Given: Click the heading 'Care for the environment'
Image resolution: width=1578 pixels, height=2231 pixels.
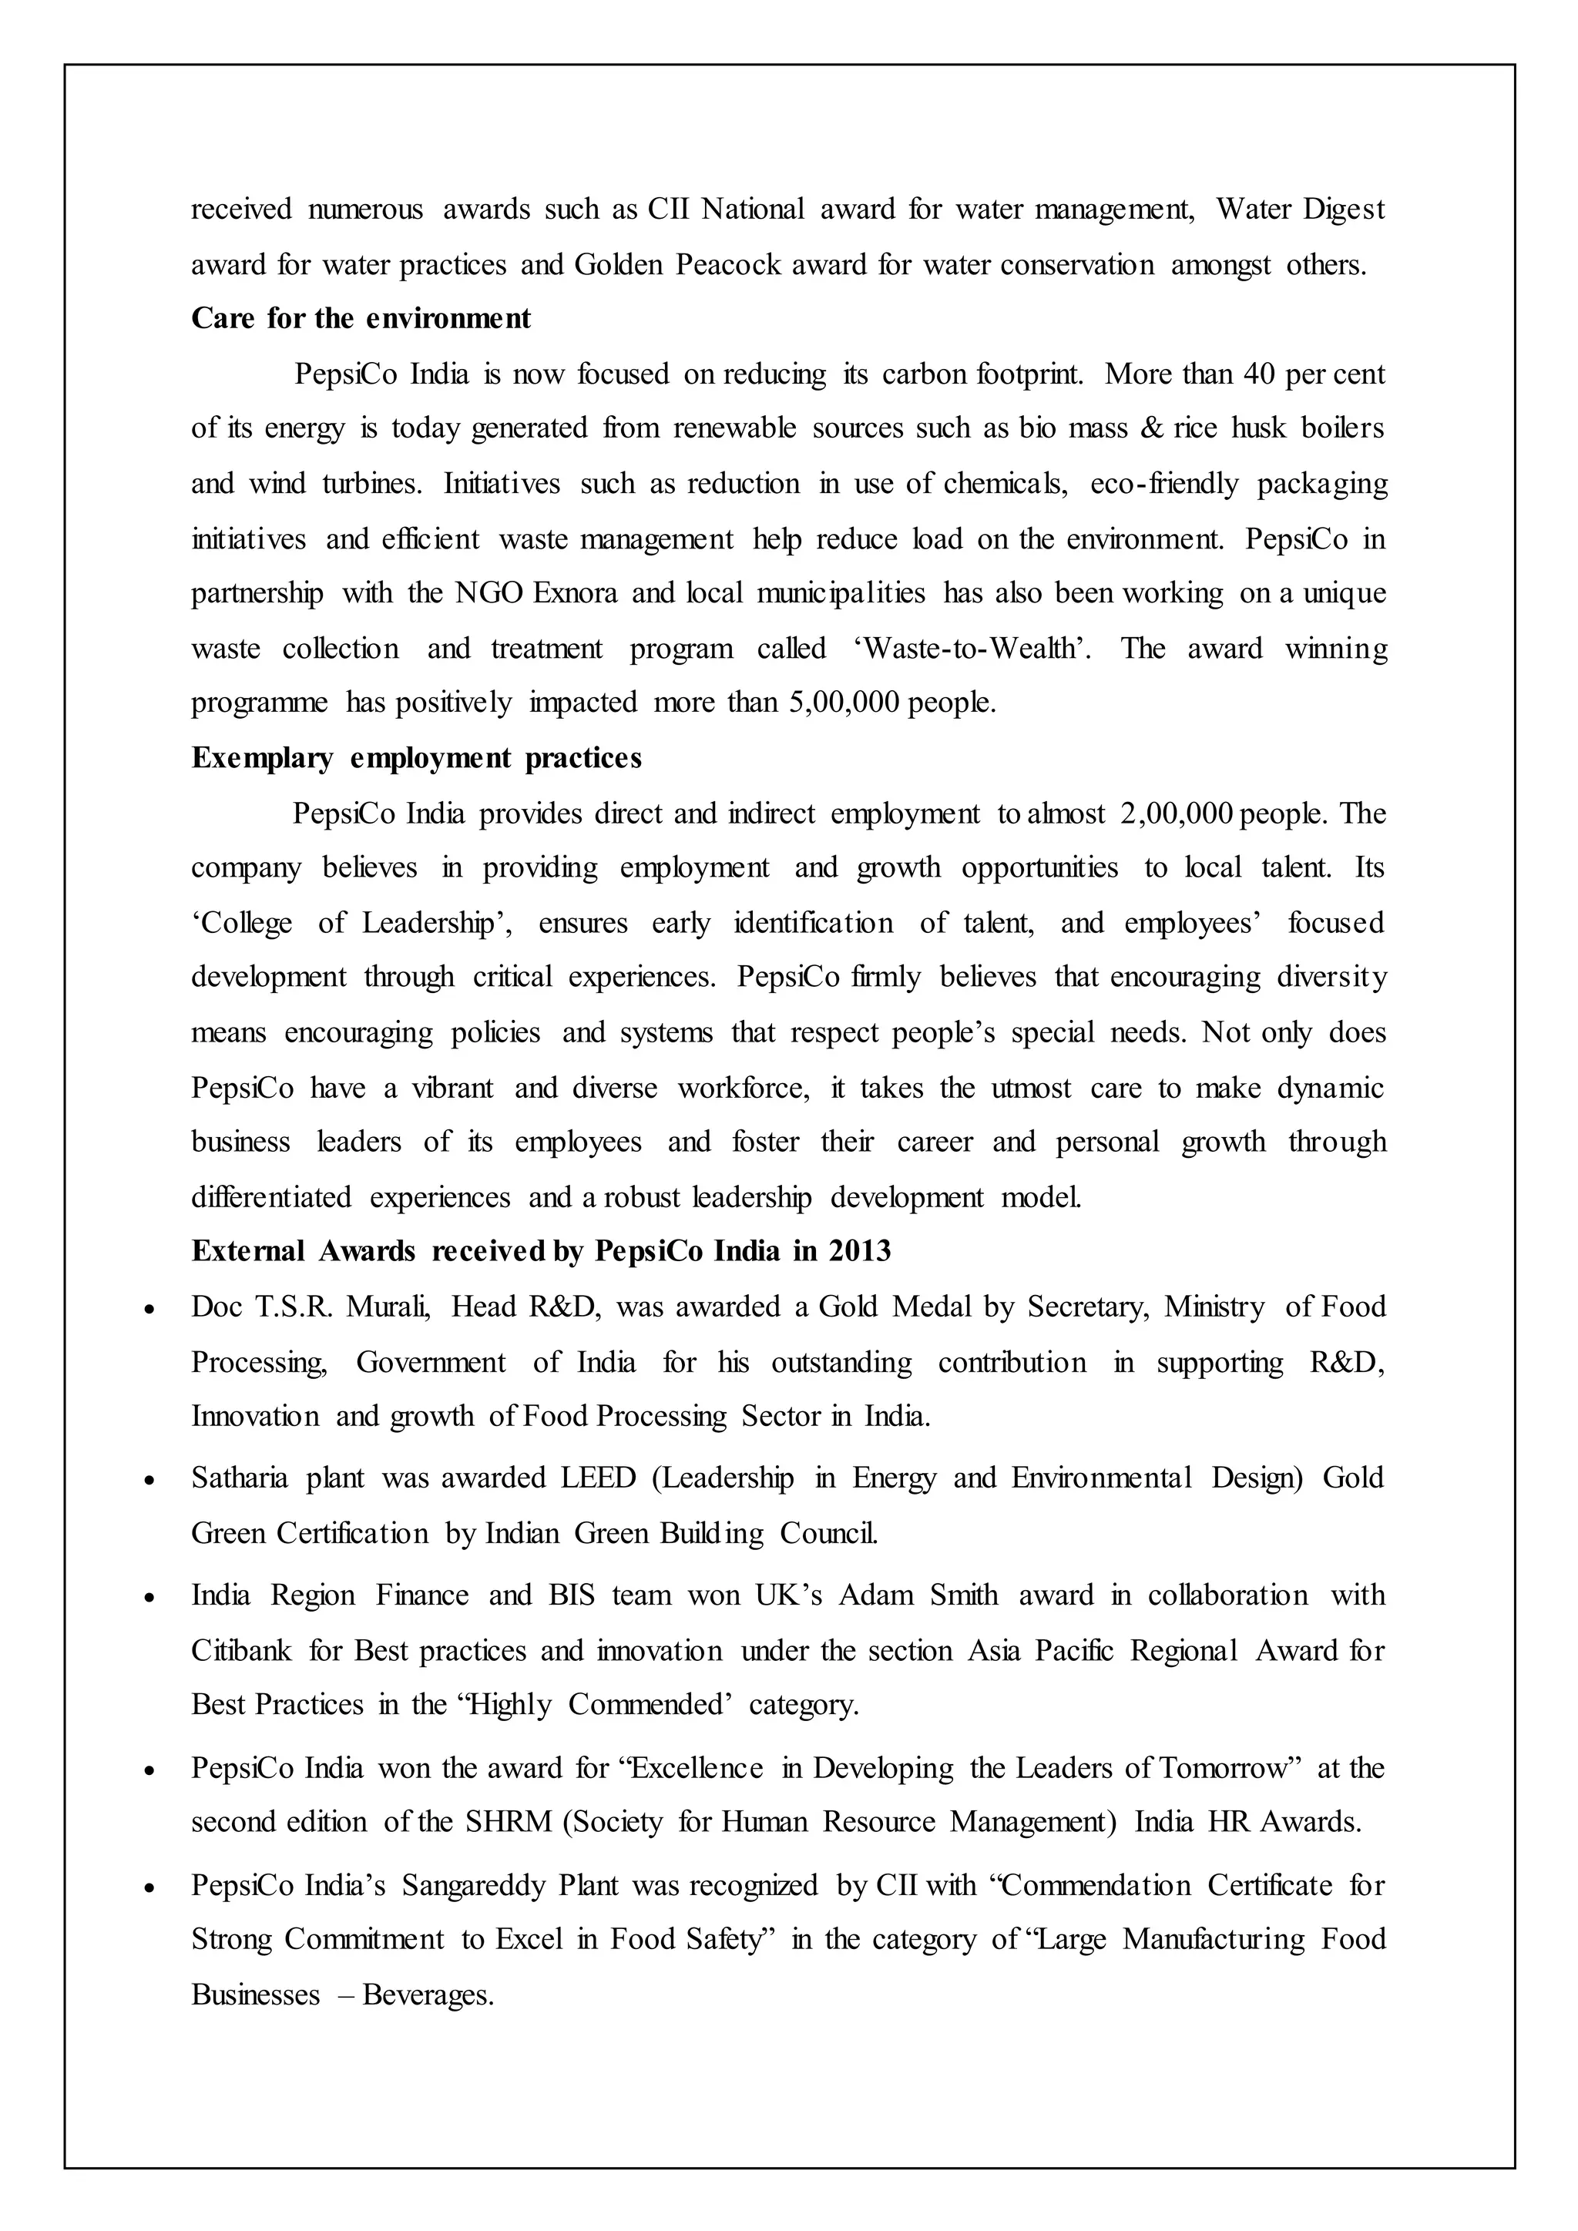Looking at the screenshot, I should pyautogui.click(x=361, y=319).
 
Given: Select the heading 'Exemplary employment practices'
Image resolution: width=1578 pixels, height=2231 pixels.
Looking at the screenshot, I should pyautogui.click(x=416, y=758).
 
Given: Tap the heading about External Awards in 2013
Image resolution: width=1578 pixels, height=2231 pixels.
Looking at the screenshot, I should pyautogui.click(x=540, y=1252).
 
